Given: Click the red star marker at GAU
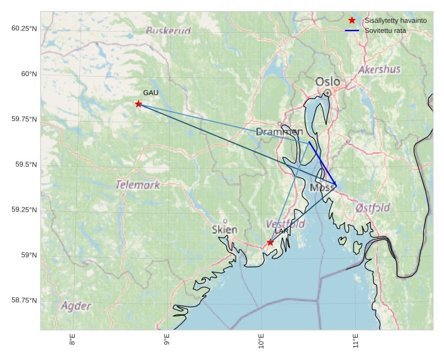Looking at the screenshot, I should (138, 104).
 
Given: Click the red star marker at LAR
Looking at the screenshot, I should (270, 242).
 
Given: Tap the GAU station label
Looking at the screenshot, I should (151, 93).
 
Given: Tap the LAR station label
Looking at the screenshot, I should (281, 232).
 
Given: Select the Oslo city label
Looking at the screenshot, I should (327, 82).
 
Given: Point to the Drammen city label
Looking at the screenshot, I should (279, 132).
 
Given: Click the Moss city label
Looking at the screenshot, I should (322, 188).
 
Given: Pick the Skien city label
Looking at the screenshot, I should (225, 229).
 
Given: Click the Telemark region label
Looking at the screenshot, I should (138, 185).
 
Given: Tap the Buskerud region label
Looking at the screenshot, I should (168, 30).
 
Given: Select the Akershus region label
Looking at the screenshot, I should (379, 69).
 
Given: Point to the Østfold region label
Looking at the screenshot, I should (372, 208).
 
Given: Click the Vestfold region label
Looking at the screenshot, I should (285, 224).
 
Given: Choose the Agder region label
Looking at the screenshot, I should (76, 306).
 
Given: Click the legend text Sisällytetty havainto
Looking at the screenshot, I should (395, 21).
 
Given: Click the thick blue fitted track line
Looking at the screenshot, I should (322, 164).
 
